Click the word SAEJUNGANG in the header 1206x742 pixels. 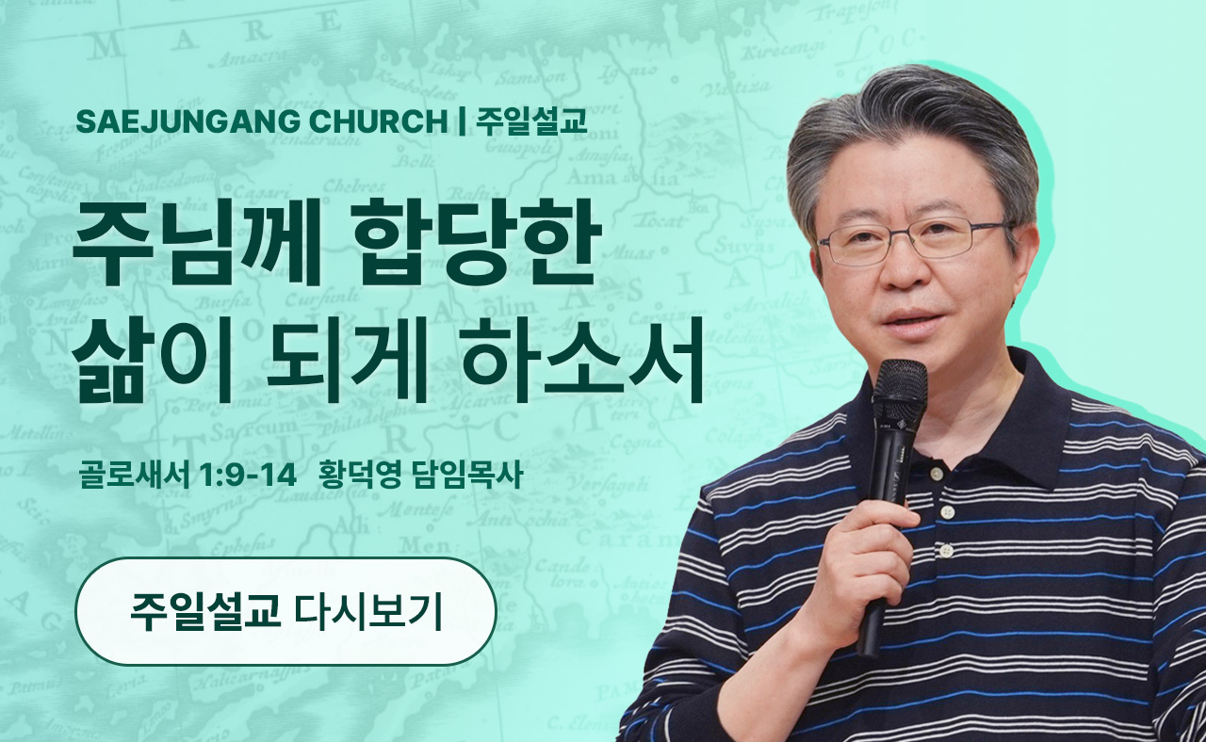(187, 121)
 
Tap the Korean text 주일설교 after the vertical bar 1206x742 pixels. (530, 121)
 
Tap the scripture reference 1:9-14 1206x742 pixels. (248, 476)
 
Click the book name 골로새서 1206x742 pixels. (134, 476)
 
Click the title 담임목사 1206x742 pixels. (467, 476)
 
